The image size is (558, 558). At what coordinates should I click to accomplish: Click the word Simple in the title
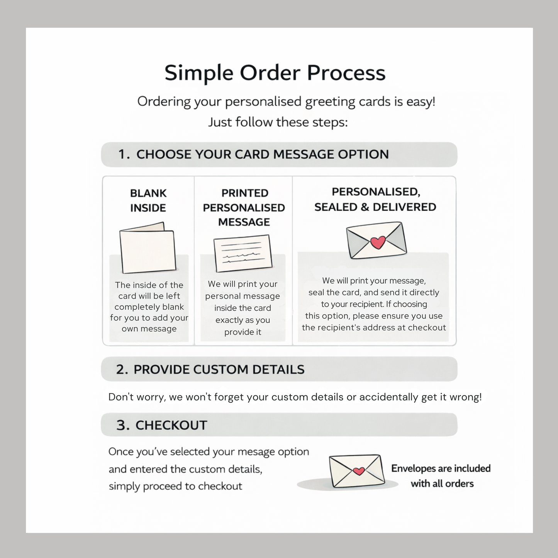199,73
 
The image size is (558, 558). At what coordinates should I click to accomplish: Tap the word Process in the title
346,73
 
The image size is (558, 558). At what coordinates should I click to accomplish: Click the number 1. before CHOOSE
124,154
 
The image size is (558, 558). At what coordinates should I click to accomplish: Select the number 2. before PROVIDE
122,370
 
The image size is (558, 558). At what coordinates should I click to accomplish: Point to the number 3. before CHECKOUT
123,426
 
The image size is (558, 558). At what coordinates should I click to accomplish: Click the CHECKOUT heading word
171,426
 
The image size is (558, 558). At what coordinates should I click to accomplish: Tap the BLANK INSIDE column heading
148,200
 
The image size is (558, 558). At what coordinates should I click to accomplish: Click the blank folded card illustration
148,248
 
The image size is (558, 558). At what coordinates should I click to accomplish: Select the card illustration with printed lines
243,253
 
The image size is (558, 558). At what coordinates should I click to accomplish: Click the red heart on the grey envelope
378,243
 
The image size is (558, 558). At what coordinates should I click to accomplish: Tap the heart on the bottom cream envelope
359,471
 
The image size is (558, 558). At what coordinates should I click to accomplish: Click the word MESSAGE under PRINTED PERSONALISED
244,222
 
